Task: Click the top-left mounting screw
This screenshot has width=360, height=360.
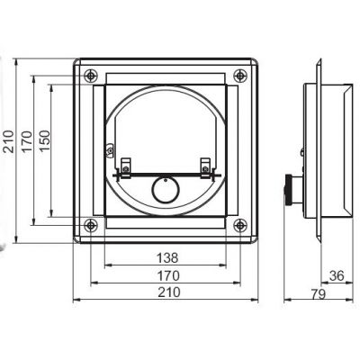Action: [x=91, y=76]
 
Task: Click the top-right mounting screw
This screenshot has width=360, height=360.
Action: [x=240, y=76]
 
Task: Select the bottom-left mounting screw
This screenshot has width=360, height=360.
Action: [x=91, y=225]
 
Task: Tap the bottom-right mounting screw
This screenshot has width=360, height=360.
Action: [x=240, y=225]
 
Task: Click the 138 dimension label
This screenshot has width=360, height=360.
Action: [x=167, y=257]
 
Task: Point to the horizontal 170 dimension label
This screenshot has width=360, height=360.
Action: [x=168, y=275]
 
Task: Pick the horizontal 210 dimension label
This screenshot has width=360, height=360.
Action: [x=169, y=292]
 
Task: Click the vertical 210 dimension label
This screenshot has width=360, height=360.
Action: [x=8, y=141]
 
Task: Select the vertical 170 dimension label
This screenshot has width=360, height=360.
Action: [x=26, y=141]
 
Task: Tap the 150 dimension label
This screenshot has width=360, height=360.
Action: [x=44, y=141]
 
